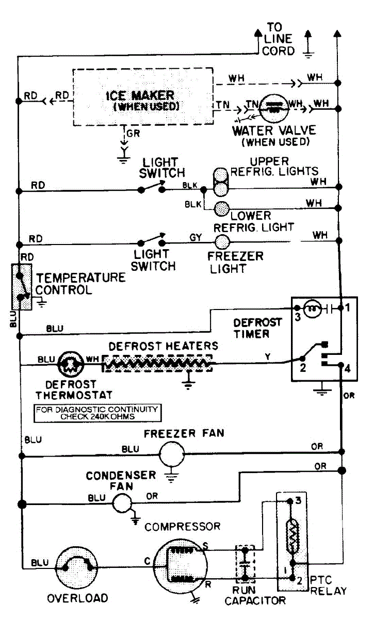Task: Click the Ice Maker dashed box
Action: pos(73,97)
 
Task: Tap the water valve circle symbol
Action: pos(274,109)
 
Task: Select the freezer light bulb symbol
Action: pos(222,242)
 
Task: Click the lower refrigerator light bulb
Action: pos(222,208)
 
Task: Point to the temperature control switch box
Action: pos(13,287)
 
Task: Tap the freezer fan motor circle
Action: pos(172,454)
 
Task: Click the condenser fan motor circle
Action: pos(122,503)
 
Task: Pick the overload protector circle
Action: pos(76,567)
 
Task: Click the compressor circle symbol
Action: pos(180,566)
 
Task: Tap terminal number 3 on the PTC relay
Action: pos(298,500)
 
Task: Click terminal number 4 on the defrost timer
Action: pos(348,369)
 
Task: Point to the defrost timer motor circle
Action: pos(313,309)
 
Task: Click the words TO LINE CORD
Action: pos(278,39)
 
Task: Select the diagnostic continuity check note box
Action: pos(97,413)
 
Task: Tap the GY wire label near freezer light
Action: pos(196,237)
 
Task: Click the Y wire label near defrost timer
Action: pos(268,356)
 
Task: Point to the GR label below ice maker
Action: pos(133,134)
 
